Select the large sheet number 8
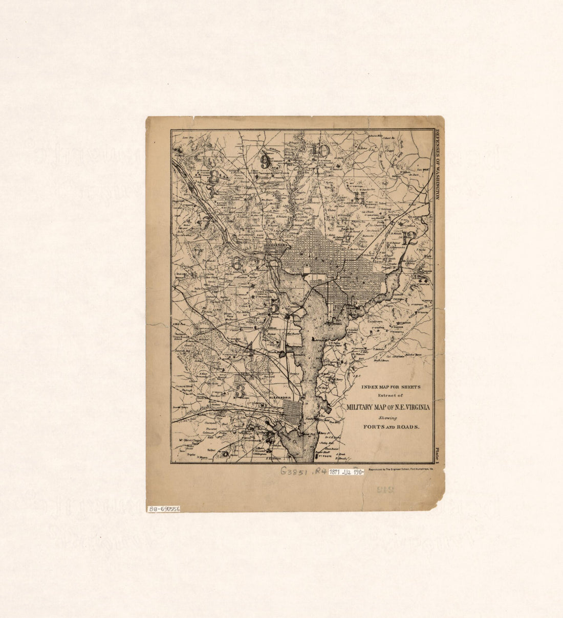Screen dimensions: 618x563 (213, 176)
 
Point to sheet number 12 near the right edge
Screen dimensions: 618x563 (409, 237)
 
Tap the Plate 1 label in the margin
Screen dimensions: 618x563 (438, 454)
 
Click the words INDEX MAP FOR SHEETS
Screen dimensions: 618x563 (390, 387)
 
